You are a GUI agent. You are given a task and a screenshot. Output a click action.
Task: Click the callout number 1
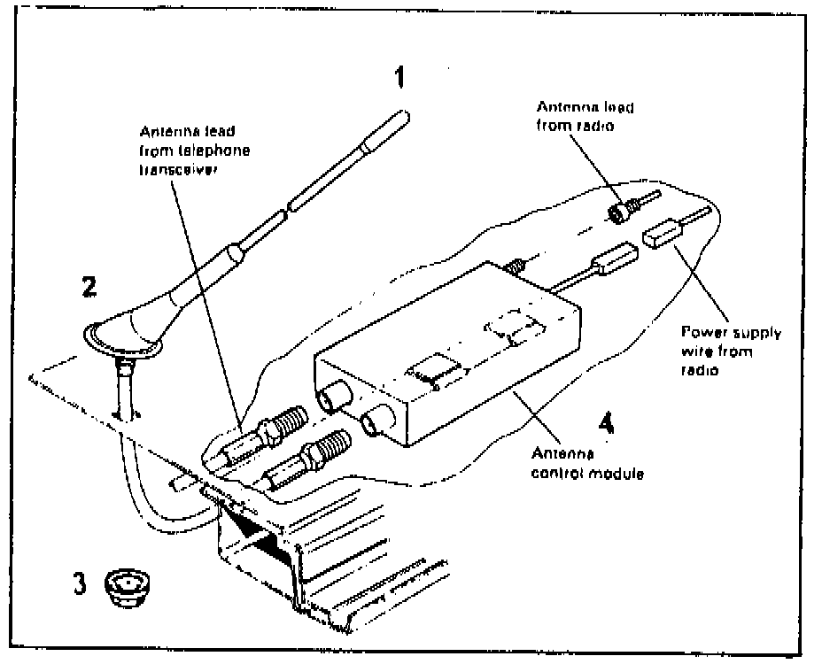[399, 78]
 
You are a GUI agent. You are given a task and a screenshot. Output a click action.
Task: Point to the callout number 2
[89, 287]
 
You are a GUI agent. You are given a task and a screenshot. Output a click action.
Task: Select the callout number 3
[80, 584]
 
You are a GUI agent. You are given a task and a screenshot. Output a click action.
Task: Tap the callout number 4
[605, 424]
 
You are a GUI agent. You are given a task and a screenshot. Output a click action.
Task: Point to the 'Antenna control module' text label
[586, 462]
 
